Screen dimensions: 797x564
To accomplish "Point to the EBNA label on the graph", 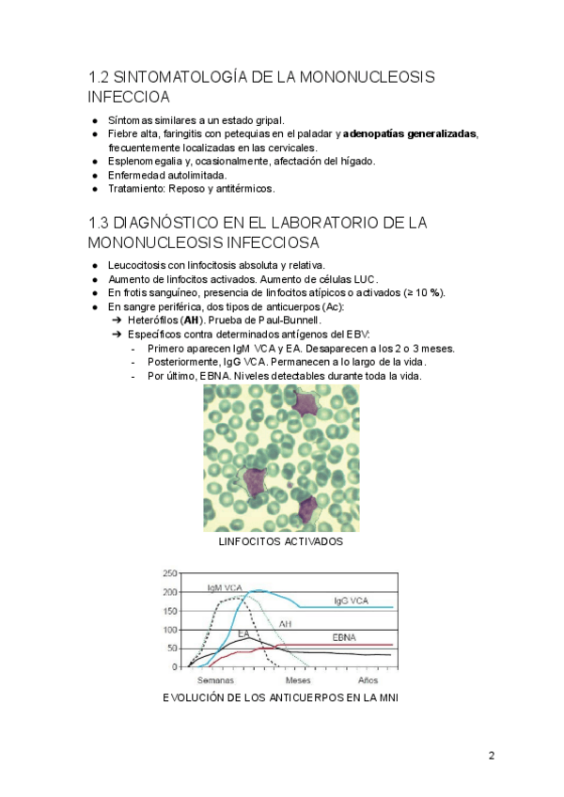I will [x=344, y=637].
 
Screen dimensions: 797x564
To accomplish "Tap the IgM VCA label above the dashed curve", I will [x=225, y=588].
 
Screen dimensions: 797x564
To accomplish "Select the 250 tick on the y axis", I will [x=170, y=574].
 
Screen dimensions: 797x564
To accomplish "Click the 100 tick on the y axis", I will [x=170, y=630].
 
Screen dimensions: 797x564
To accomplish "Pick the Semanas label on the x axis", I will [x=215, y=680].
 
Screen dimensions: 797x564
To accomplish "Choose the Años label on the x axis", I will [x=368, y=680].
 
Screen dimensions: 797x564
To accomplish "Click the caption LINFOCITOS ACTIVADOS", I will [x=280, y=542].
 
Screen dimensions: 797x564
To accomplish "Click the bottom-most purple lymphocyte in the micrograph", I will [x=306, y=508].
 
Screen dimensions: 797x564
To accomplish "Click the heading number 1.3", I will [x=99, y=223].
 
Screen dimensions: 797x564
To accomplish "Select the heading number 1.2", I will [x=99, y=76].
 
